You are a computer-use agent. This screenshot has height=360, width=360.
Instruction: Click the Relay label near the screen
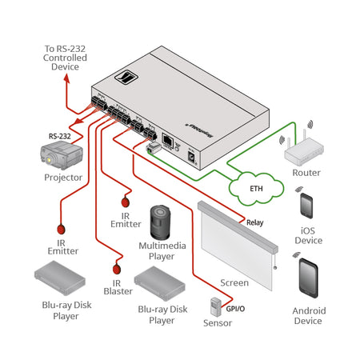point(255,223)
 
